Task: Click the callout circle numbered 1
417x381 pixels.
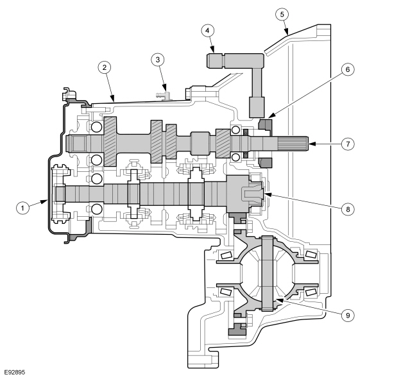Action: click(23, 208)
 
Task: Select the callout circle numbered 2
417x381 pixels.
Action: click(104, 67)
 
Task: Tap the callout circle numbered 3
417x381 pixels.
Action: click(158, 60)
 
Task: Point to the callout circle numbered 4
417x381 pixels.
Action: click(208, 31)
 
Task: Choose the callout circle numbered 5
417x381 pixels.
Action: click(282, 14)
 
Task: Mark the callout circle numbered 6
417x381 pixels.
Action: click(347, 69)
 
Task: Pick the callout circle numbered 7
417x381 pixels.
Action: click(347, 144)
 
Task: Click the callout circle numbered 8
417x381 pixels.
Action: click(347, 209)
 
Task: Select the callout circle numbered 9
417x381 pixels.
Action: click(347, 316)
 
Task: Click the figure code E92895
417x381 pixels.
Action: click(15, 373)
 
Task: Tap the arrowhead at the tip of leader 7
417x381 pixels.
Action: click(312, 144)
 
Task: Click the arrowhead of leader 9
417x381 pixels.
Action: click(278, 300)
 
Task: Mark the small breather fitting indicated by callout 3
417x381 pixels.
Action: click(164, 95)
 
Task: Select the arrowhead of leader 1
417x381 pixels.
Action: click(44, 202)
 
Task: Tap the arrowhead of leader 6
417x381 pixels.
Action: click(271, 115)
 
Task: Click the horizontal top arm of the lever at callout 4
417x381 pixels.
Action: click(235, 60)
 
